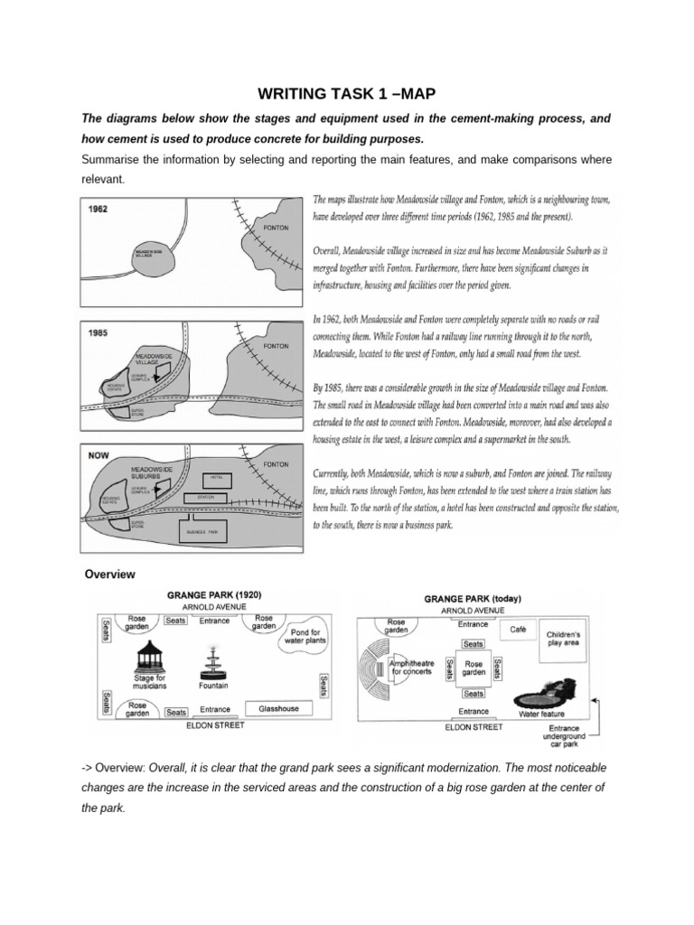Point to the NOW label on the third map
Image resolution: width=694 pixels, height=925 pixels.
(98, 456)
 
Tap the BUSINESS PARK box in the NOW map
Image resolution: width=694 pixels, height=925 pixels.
(203, 532)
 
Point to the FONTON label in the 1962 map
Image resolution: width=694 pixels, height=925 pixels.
(276, 228)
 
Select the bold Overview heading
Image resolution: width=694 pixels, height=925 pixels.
(109, 574)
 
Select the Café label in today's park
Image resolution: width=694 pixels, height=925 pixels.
(517, 628)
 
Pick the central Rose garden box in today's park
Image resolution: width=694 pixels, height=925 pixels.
(474, 668)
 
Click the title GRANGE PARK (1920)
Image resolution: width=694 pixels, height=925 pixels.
(214, 595)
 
